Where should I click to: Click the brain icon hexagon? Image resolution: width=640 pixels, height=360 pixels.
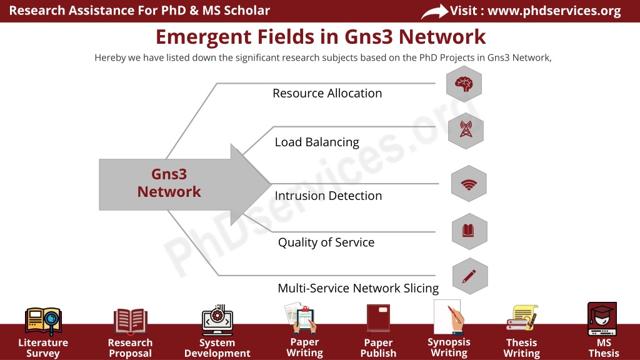coord(464,84)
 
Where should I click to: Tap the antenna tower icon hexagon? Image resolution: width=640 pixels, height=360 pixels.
coord(466,131)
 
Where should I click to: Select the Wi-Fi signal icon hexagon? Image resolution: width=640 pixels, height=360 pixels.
coord(469,184)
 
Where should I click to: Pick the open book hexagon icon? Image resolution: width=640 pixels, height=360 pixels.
coord(469,231)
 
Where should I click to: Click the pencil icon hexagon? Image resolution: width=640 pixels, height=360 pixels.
coord(470,276)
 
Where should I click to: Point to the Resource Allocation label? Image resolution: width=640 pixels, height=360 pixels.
coord(327,93)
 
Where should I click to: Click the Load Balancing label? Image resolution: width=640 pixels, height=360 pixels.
coord(317,142)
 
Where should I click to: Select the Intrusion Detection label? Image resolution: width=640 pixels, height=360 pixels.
coord(328,196)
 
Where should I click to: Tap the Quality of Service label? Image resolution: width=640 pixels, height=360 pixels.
coord(326,242)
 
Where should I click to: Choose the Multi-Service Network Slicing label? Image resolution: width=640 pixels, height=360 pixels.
coord(358,288)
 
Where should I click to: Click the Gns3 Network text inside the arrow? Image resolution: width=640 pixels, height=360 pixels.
coord(169,183)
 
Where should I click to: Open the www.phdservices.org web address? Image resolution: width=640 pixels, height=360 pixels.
coord(554,11)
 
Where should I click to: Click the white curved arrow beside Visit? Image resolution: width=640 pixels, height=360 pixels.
coord(435,11)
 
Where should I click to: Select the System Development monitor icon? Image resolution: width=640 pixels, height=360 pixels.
coord(217,320)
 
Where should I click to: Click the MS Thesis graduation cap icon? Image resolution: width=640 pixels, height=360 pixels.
coord(602,319)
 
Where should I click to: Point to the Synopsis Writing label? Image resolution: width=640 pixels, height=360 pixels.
coord(449,347)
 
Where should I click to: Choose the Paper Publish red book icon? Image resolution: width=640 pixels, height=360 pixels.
coord(378,318)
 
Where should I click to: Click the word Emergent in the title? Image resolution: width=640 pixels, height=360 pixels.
coord(203,37)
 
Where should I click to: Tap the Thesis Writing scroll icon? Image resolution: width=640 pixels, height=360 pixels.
coord(522,317)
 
